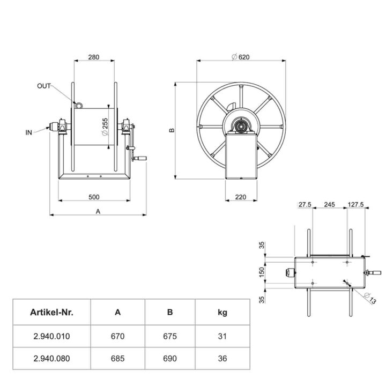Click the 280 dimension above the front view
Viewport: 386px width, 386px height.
point(93,57)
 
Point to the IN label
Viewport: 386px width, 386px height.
point(29,131)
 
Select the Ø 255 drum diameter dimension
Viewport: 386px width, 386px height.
point(106,127)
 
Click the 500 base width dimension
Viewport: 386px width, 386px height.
point(93,197)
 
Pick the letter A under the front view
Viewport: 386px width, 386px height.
point(98,211)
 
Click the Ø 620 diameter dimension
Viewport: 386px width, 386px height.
point(241,57)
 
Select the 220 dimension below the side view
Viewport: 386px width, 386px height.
point(241,197)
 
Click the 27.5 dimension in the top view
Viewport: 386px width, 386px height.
point(305,205)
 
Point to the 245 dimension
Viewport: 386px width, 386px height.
point(330,205)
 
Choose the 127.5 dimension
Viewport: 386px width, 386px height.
point(356,205)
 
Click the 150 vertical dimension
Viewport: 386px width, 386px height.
point(262,271)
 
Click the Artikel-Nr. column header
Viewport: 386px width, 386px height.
point(51,313)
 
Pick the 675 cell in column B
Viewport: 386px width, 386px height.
point(169,337)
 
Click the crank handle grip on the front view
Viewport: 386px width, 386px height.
point(140,159)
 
